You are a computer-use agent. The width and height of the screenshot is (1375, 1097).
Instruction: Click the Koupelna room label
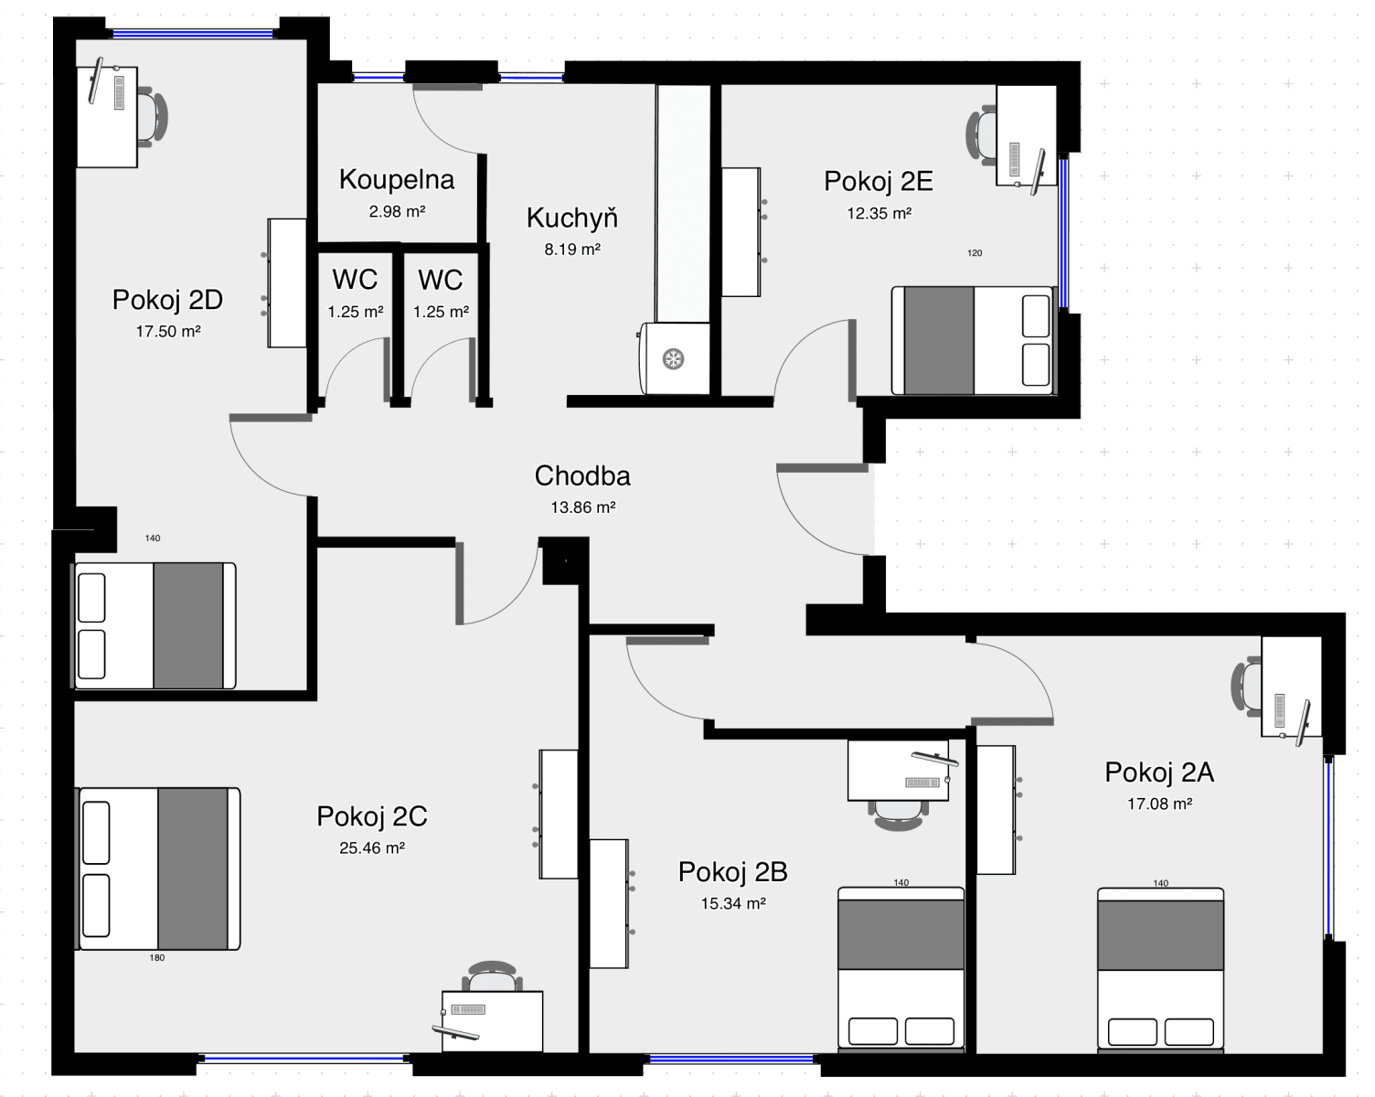tap(396, 179)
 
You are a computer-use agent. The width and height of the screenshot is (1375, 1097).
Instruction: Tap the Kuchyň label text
tap(572, 218)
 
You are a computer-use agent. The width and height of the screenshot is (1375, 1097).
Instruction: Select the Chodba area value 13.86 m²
tap(582, 507)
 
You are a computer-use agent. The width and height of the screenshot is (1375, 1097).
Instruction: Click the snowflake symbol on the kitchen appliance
tap(674, 359)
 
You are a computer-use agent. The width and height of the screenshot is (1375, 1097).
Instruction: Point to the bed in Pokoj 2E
tap(973, 340)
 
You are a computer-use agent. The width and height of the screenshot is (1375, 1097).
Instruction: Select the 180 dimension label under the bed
tap(156, 958)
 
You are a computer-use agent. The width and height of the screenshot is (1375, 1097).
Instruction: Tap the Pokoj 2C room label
tap(371, 815)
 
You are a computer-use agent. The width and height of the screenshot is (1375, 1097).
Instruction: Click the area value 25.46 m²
tap(371, 847)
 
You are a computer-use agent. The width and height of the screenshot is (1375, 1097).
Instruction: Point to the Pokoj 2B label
tap(732, 872)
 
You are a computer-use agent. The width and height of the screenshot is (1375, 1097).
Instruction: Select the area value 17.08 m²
tap(1159, 804)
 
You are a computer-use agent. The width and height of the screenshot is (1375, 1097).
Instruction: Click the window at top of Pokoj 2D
tap(192, 34)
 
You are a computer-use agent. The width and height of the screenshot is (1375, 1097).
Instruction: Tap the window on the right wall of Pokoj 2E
tap(1063, 234)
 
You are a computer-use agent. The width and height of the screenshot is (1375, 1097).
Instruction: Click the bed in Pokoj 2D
tap(154, 625)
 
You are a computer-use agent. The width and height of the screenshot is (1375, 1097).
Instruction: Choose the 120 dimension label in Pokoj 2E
tap(975, 253)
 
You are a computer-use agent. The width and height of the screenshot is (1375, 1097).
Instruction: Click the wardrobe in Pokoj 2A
tap(997, 809)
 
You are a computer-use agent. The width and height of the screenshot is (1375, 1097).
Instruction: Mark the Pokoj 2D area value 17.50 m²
tap(167, 332)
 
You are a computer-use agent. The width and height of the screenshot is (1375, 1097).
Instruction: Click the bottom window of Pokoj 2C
tap(304, 1059)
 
